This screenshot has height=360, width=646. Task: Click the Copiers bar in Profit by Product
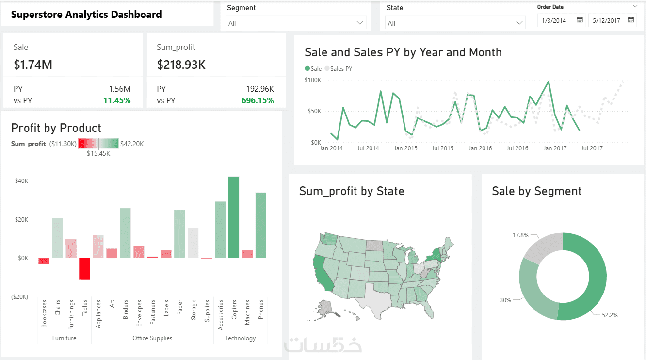(234, 217)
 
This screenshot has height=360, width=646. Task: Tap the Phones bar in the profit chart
(261, 225)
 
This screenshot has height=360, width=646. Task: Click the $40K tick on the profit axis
(21, 181)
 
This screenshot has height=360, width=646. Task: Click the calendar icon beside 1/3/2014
(580, 20)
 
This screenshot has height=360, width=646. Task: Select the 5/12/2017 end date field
(606, 20)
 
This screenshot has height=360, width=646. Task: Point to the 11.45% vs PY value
(117, 100)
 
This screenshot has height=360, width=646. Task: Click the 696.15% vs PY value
(258, 100)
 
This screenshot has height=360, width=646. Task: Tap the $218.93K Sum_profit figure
(181, 65)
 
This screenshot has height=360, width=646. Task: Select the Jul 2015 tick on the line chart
(442, 148)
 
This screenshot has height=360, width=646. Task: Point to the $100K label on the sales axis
(313, 80)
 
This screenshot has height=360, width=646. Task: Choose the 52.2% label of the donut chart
(610, 315)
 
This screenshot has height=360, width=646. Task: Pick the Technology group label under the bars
(240, 338)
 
